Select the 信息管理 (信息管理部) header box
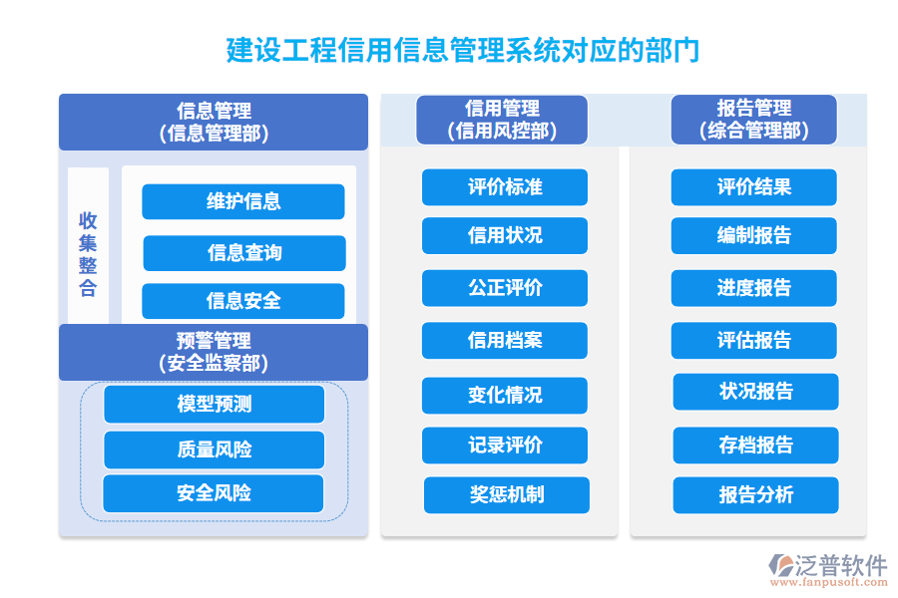pyautogui.click(x=214, y=122)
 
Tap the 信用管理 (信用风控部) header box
pyautogui.click(x=502, y=120)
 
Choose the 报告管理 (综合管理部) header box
pyautogui.click(x=753, y=120)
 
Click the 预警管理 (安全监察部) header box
pyautogui.click(x=214, y=352)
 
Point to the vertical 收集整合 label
pyautogui.click(x=89, y=255)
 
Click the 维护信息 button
pyautogui.click(x=243, y=201)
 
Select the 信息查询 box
pyautogui.click(x=244, y=253)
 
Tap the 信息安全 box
pyautogui.click(x=243, y=301)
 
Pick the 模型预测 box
pyautogui.click(x=215, y=405)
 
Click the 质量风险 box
pyautogui.click(x=215, y=449)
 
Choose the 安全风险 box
pyautogui.click(x=214, y=493)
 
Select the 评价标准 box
pyautogui.click(x=505, y=187)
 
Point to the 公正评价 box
pyautogui.click(x=505, y=288)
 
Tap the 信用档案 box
pyautogui.click(x=505, y=341)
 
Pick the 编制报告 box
pyautogui.click(x=754, y=236)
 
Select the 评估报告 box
pyautogui.click(x=754, y=341)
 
